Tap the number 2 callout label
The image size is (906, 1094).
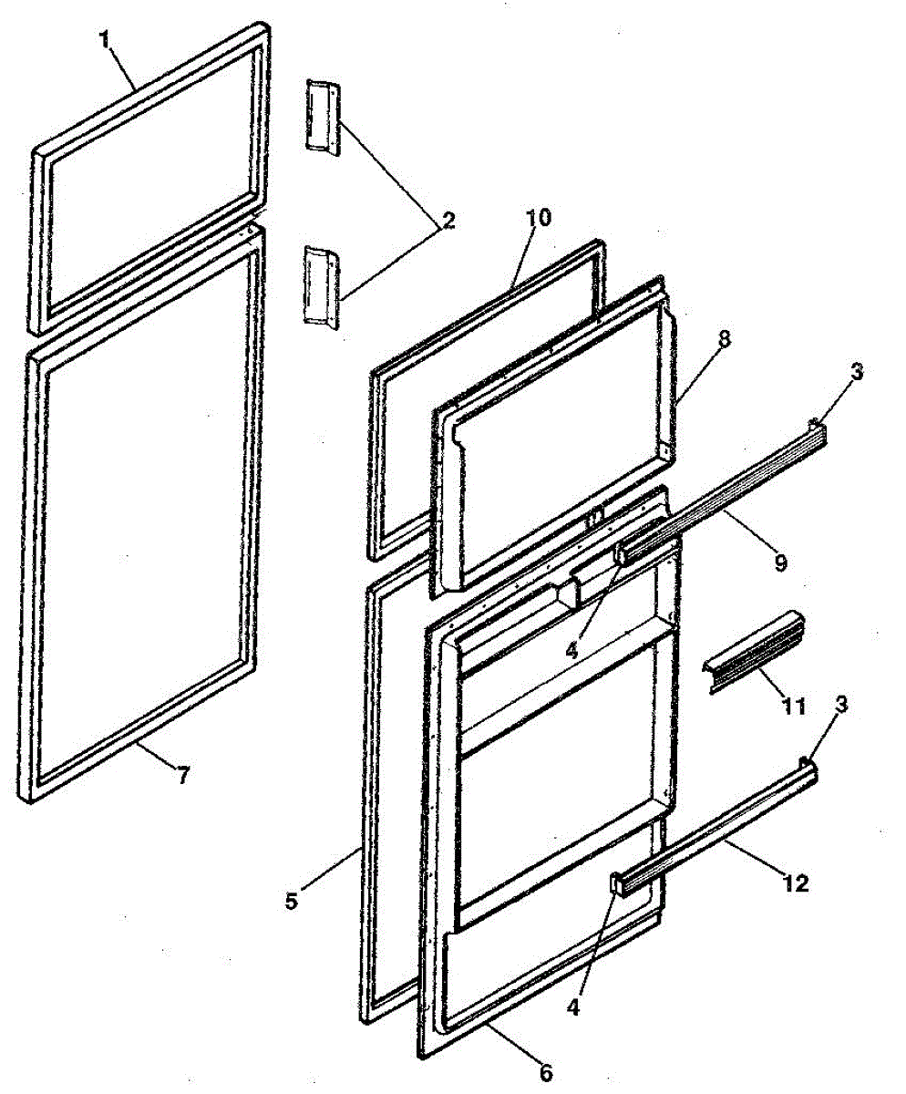point(448,222)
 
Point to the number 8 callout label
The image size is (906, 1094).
point(724,337)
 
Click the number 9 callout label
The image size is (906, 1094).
point(780,562)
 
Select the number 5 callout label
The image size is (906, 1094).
point(290,902)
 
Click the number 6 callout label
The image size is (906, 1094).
point(545,1073)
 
